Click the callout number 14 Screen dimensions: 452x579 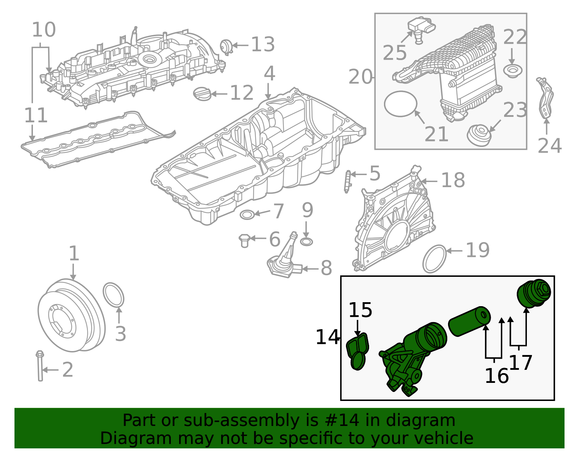(x=327, y=337)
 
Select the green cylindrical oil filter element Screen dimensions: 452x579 (x=469, y=321)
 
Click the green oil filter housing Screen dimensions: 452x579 (x=413, y=358)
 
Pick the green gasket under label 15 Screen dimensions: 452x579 (x=358, y=351)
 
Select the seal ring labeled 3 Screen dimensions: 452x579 (x=114, y=295)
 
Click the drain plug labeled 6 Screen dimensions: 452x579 (x=245, y=240)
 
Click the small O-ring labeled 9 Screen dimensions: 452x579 (x=307, y=242)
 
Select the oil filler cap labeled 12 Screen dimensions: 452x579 (x=202, y=94)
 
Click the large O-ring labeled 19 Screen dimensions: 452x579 (x=435, y=259)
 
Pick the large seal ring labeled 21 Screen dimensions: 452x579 (x=401, y=104)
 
